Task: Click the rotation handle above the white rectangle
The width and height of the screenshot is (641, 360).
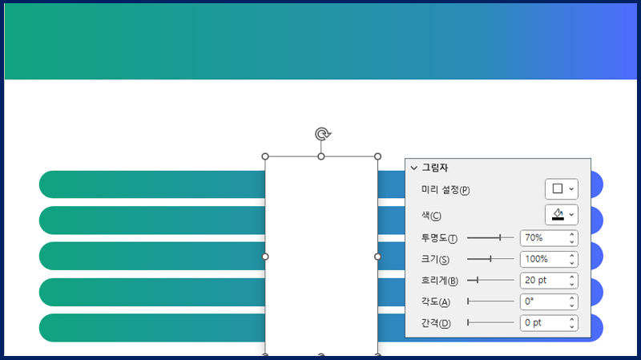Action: click(x=323, y=134)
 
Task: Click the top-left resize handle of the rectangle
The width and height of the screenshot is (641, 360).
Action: click(x=265, y=156)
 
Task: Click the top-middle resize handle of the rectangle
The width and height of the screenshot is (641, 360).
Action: click(x=321, y=156)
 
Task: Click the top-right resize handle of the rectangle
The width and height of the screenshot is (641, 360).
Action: click(x=377, y=156)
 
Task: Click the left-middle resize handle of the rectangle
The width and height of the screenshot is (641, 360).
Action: click(x=265, y=257)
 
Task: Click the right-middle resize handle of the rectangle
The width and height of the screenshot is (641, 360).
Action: click(x=377, y=257)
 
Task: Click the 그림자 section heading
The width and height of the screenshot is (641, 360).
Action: click(x=435, y=168)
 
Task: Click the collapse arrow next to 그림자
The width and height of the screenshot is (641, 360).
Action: click(x=413, y=168)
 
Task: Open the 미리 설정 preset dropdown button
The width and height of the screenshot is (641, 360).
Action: click(x=562, y=189)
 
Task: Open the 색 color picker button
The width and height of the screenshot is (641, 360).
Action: click(x=562, y=215)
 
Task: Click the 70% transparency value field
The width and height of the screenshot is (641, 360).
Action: click(x=549, y=237)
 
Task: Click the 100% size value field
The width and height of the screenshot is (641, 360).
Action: click(x=549, y=259)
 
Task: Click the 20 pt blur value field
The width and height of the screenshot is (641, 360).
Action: click(x=549, y=281)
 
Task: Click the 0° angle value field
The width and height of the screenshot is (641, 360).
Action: click(x=549, y=301)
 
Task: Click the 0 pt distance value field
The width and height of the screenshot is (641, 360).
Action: click(x=549, y=323)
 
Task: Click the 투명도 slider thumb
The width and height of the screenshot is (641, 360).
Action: click(x=500, y=237)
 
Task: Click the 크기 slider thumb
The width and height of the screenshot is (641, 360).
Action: click(x=490, y=258)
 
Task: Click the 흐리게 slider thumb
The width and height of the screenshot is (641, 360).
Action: click(x=477, y=280)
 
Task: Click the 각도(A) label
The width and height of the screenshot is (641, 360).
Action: click(x=435, y=302)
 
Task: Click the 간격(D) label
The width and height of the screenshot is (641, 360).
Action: click(x=436, y=323)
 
